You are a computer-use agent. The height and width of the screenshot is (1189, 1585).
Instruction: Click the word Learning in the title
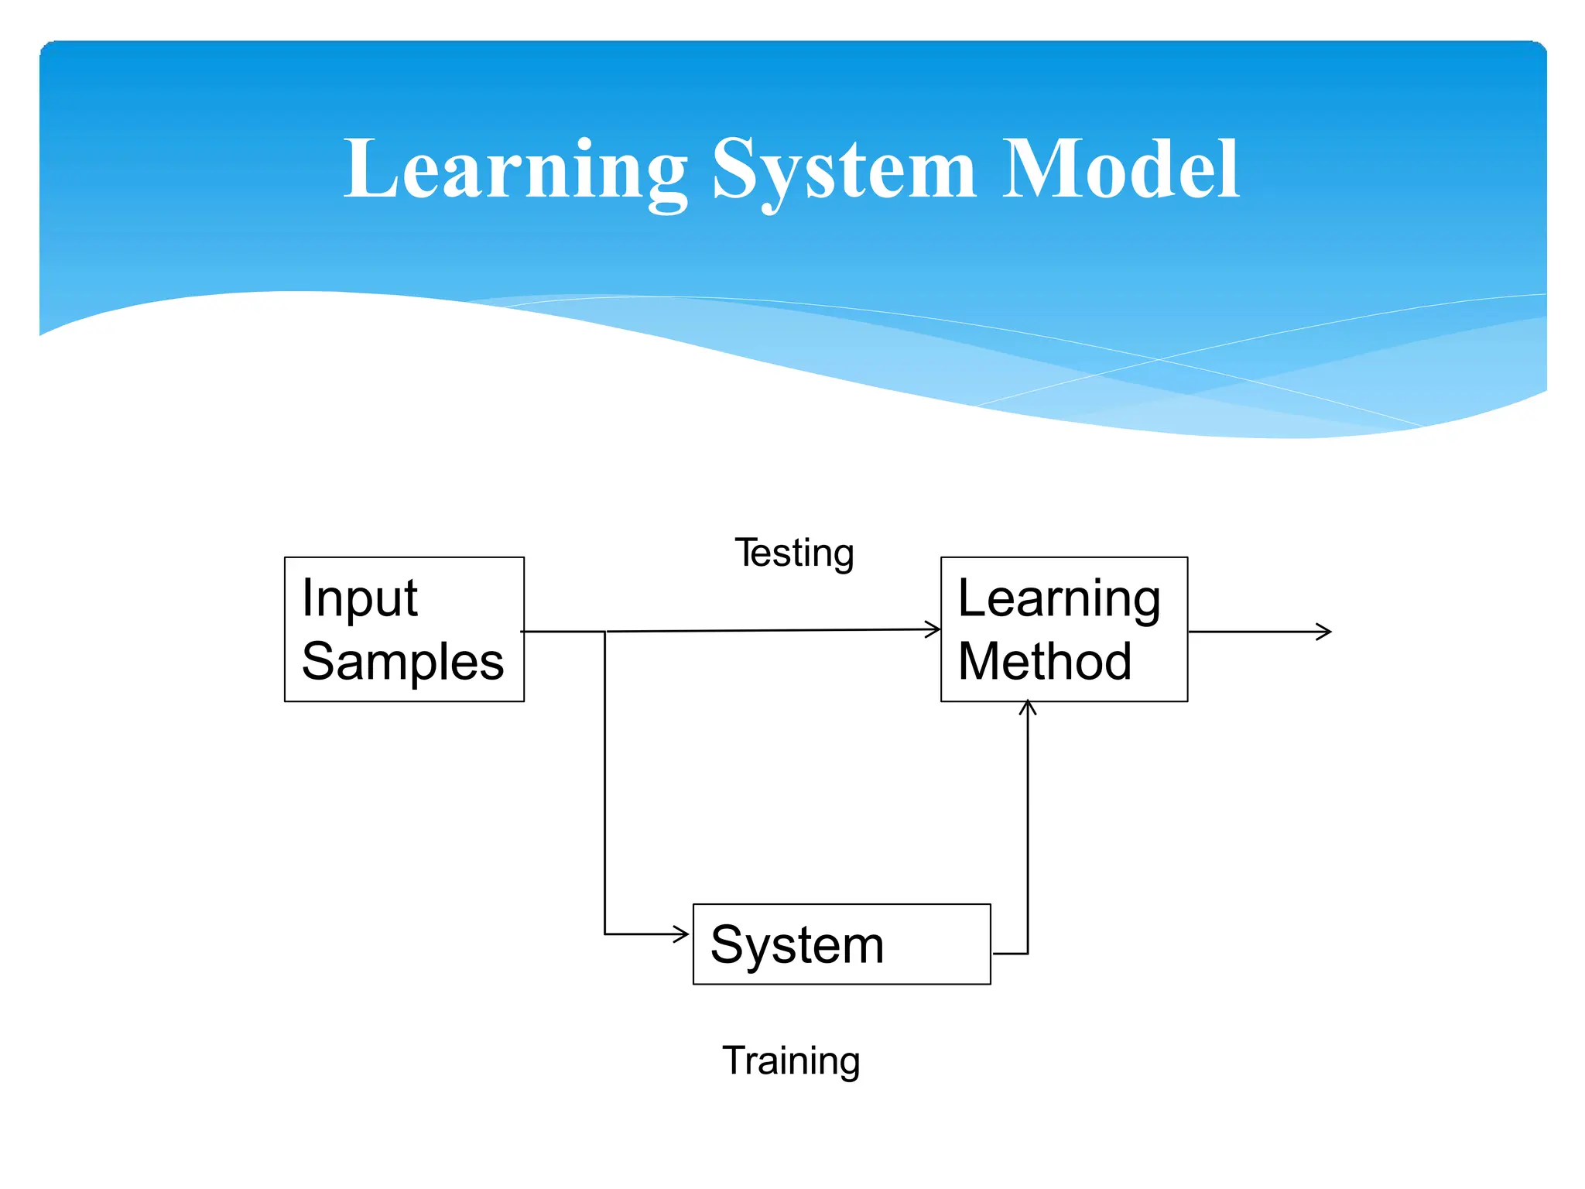point(515,170)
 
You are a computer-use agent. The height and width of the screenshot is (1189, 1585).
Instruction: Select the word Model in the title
point(1121,170)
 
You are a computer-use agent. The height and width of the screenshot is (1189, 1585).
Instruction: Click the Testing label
point(794,554)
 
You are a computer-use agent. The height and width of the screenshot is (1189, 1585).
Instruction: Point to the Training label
point(791,1061)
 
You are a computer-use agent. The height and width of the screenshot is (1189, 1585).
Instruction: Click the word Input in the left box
point(360,598)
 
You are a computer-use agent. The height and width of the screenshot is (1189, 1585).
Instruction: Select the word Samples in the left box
point(402,663)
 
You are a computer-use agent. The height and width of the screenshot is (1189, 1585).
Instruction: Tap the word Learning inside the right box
point(1059,600)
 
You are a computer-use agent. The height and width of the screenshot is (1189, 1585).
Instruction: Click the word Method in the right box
point(1045,663)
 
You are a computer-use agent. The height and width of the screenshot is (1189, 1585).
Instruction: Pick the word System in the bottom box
point(797,945)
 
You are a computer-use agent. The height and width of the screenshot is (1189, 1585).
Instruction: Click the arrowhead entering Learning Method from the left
point(934,629)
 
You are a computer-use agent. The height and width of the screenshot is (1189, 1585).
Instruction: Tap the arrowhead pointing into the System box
point(683,934)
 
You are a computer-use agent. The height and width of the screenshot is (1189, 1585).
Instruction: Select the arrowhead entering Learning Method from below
point(1028,706)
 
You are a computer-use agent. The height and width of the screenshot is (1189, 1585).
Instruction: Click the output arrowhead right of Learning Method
point(1325,632)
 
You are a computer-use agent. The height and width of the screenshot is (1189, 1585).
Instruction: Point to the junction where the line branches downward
point(605,632)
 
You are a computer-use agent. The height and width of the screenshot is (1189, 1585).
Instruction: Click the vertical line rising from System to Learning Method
point(1028,828)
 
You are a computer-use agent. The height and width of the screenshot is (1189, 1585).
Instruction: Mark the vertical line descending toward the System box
point(605,782)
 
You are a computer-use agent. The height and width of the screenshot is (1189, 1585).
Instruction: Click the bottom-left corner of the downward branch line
point(605,934)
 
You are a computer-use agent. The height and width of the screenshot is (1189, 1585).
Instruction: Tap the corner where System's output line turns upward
point(1028,953)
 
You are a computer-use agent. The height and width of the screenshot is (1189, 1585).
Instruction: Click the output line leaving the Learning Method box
point(1254,632)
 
